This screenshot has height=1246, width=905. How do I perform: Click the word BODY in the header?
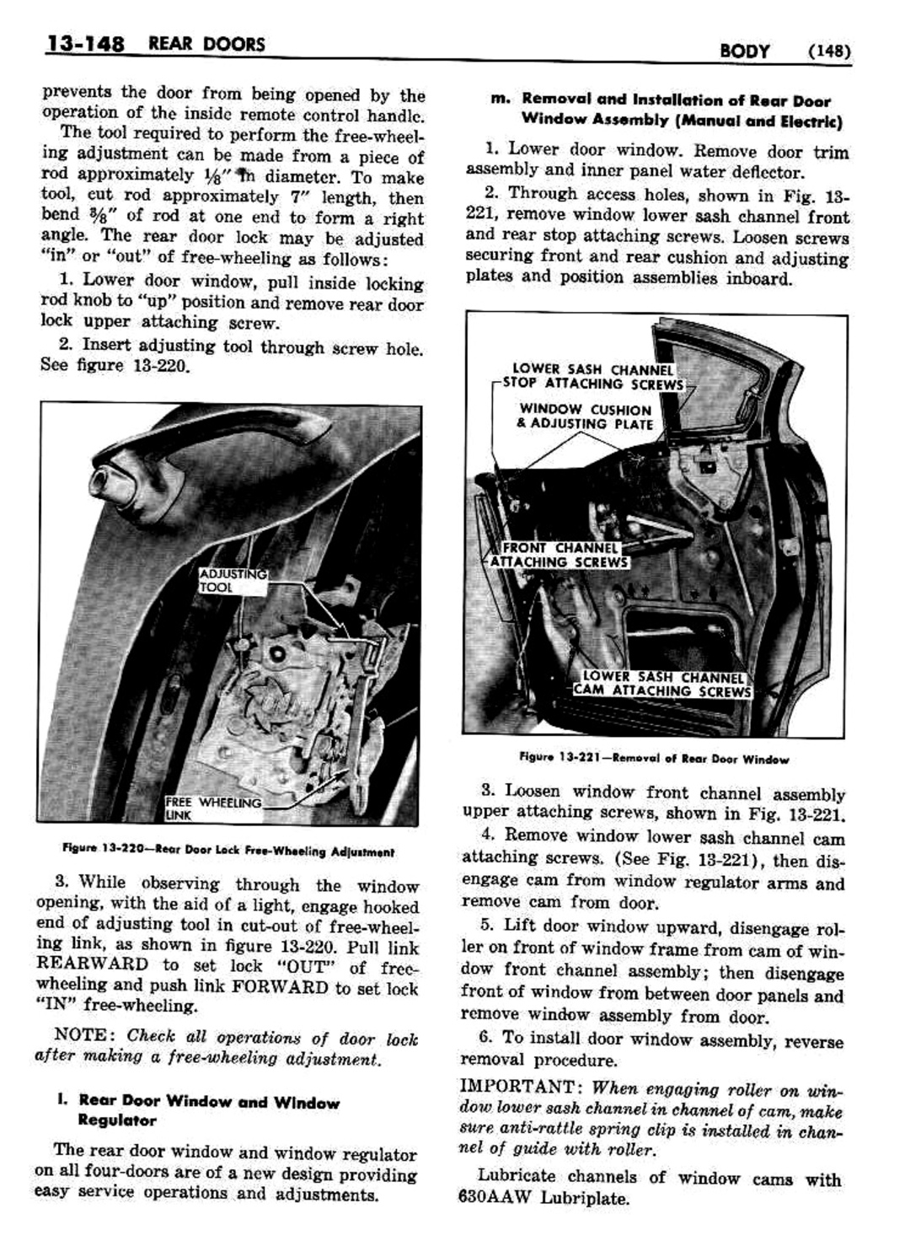[x=745, y=51]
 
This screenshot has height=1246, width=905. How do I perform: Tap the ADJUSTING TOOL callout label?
[x=232, y=581]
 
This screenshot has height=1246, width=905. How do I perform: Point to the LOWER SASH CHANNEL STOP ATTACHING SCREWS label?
[x=592, y=377]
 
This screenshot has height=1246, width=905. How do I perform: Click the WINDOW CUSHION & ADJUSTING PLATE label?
[x=585, y=416]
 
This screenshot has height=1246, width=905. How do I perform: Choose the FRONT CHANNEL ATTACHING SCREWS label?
[x=559, y=555]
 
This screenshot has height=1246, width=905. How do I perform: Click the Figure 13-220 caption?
[x=228, y=851]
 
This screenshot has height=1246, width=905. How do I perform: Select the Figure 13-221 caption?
[x=654, y=759]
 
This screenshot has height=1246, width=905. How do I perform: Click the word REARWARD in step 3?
[x=95, y=965]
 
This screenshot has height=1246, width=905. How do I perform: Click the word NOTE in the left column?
[x=79, y=1035]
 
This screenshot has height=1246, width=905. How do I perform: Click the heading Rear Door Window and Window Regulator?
[x=208, y=1110]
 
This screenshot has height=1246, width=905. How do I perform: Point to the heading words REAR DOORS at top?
[x=206, y=44]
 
